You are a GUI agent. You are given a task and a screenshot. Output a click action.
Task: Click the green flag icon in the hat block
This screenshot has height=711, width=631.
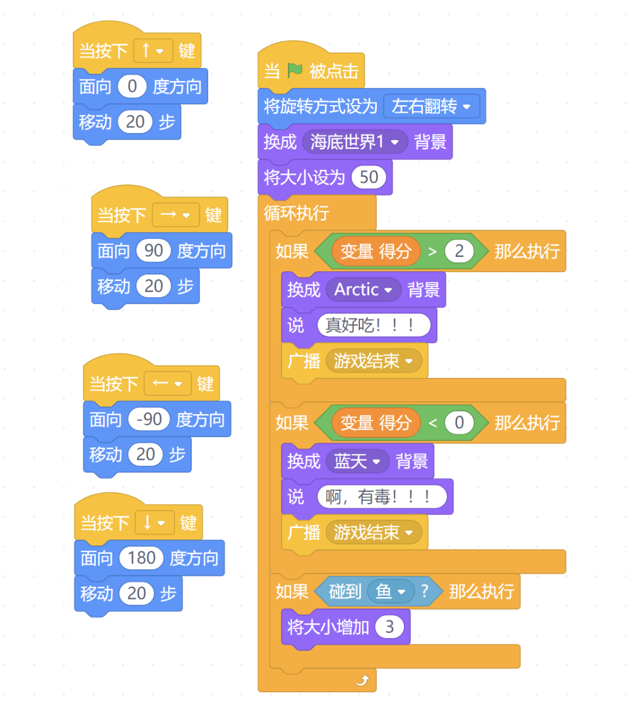295,71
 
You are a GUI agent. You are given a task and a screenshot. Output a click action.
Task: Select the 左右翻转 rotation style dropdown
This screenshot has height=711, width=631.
431,106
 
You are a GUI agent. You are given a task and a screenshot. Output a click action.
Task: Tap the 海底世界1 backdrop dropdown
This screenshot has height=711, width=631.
355,142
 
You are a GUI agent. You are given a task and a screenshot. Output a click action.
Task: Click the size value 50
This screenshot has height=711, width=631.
369,178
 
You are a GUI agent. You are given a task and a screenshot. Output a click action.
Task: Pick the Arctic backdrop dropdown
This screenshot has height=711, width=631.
363,290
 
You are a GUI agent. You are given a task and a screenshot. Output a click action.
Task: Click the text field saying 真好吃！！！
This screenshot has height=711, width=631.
373,325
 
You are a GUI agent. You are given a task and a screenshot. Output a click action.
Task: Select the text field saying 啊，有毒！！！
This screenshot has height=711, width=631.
382,497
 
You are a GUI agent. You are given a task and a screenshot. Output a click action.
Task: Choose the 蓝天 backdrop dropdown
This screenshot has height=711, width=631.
357,462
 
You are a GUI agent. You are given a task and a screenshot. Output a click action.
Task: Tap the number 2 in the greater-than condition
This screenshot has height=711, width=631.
459,251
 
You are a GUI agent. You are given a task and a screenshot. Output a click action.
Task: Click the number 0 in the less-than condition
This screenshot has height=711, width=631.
459,422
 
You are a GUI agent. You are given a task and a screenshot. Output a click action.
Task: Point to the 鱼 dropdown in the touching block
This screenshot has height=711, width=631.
391,592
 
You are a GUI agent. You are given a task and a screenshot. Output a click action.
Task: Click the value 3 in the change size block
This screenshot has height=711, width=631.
390,627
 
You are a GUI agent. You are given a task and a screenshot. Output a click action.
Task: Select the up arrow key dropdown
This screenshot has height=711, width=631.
153,51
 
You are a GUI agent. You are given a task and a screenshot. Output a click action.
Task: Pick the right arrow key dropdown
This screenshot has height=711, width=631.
175,215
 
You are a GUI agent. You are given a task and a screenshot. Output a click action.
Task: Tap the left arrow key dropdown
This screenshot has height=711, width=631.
167,384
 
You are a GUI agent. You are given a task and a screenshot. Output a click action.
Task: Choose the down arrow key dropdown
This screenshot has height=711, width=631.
154,522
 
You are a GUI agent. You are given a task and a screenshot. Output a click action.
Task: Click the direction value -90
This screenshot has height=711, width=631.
149,419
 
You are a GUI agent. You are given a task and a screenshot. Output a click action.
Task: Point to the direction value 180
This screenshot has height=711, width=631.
141,558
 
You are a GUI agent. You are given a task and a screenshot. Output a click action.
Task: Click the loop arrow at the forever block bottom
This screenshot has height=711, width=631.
363,680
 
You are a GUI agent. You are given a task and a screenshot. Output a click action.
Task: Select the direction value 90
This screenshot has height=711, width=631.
153,251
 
